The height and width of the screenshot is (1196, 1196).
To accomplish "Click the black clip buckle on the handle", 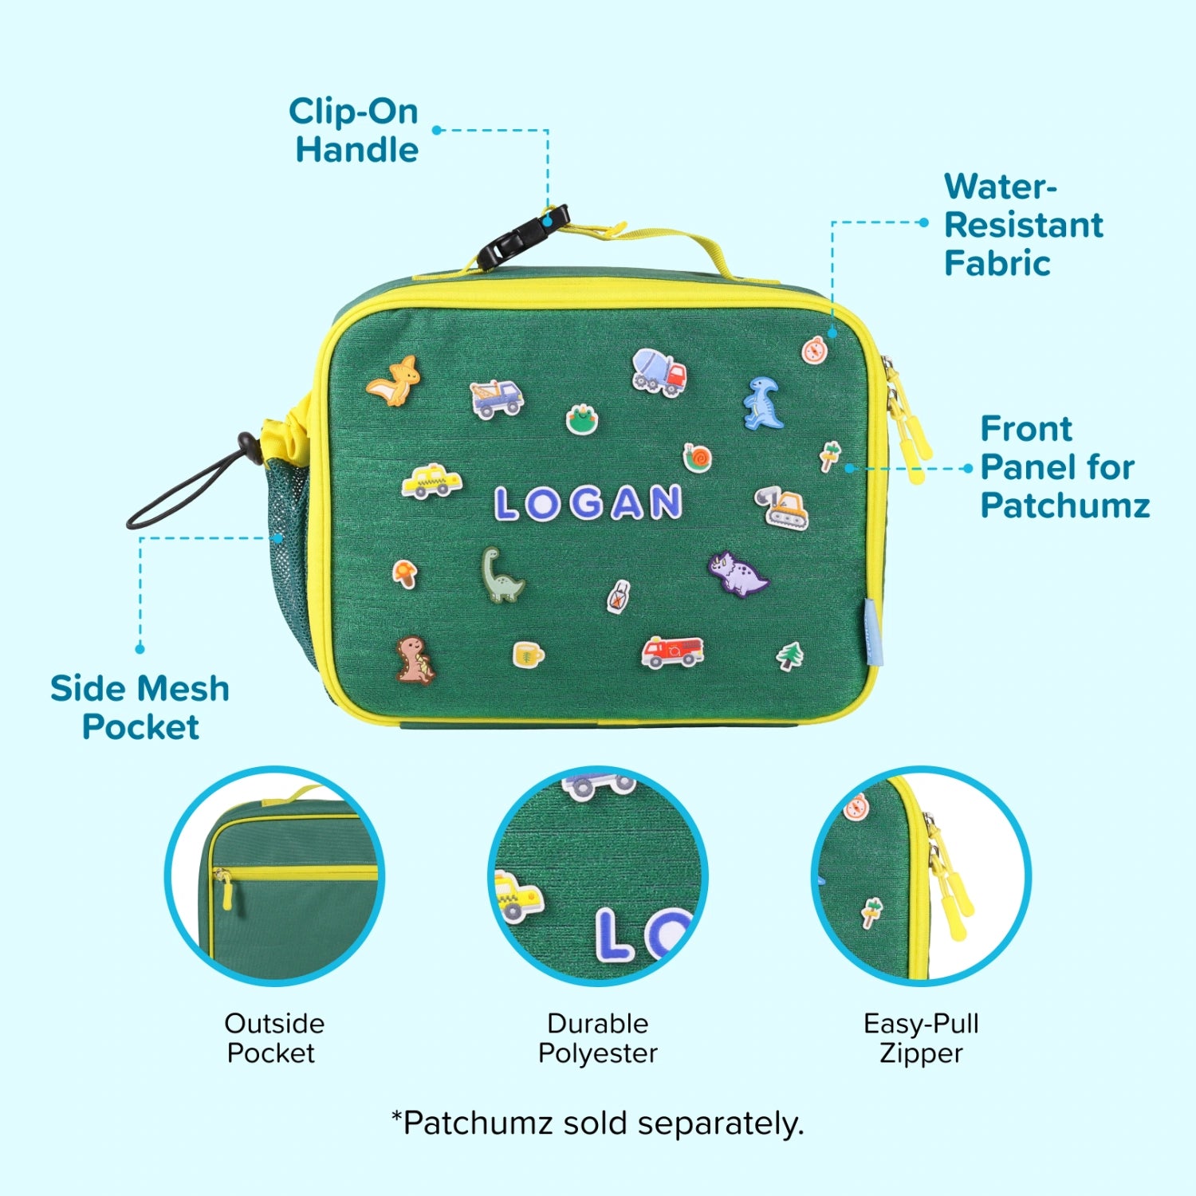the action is [523, 236].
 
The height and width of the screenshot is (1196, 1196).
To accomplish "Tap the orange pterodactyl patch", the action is [395, 381].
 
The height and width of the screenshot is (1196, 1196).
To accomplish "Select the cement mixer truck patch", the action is [659, 372].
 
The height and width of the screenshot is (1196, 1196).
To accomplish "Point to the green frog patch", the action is [582, 419].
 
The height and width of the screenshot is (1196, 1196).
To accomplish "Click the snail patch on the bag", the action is [697, 458].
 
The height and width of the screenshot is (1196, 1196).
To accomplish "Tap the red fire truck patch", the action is [673, 651].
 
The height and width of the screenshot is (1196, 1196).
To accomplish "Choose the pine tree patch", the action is [790, 655].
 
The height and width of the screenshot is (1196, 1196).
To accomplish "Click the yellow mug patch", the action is [528, 655].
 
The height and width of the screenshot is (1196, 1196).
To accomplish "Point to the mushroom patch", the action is [405, 573].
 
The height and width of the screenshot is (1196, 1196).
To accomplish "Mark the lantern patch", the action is [619, 597].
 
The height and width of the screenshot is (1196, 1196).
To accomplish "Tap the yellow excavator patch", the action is [782, 506].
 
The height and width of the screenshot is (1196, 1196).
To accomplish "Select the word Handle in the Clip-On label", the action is [356, 150].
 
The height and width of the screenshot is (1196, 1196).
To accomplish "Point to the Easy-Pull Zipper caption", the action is [921, 1038].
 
